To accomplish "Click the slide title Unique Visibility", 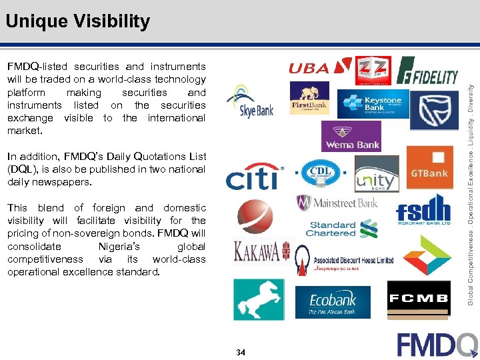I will click(77, 21).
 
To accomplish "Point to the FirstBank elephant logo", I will click(309, 99).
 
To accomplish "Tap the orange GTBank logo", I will click(429, 167).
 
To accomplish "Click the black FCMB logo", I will click(419, 299).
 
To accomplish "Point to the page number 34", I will click(241, 352).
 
